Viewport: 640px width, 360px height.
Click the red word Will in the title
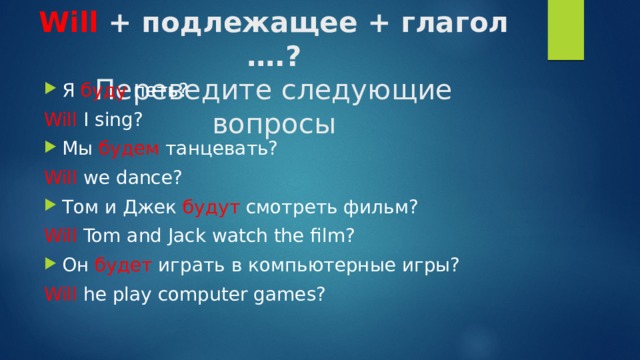tap(68, 21)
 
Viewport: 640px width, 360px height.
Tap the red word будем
tap(129, 149)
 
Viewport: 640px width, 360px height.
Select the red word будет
tap(123, 265)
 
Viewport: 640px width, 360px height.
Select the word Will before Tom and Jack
tap(61, 236)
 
